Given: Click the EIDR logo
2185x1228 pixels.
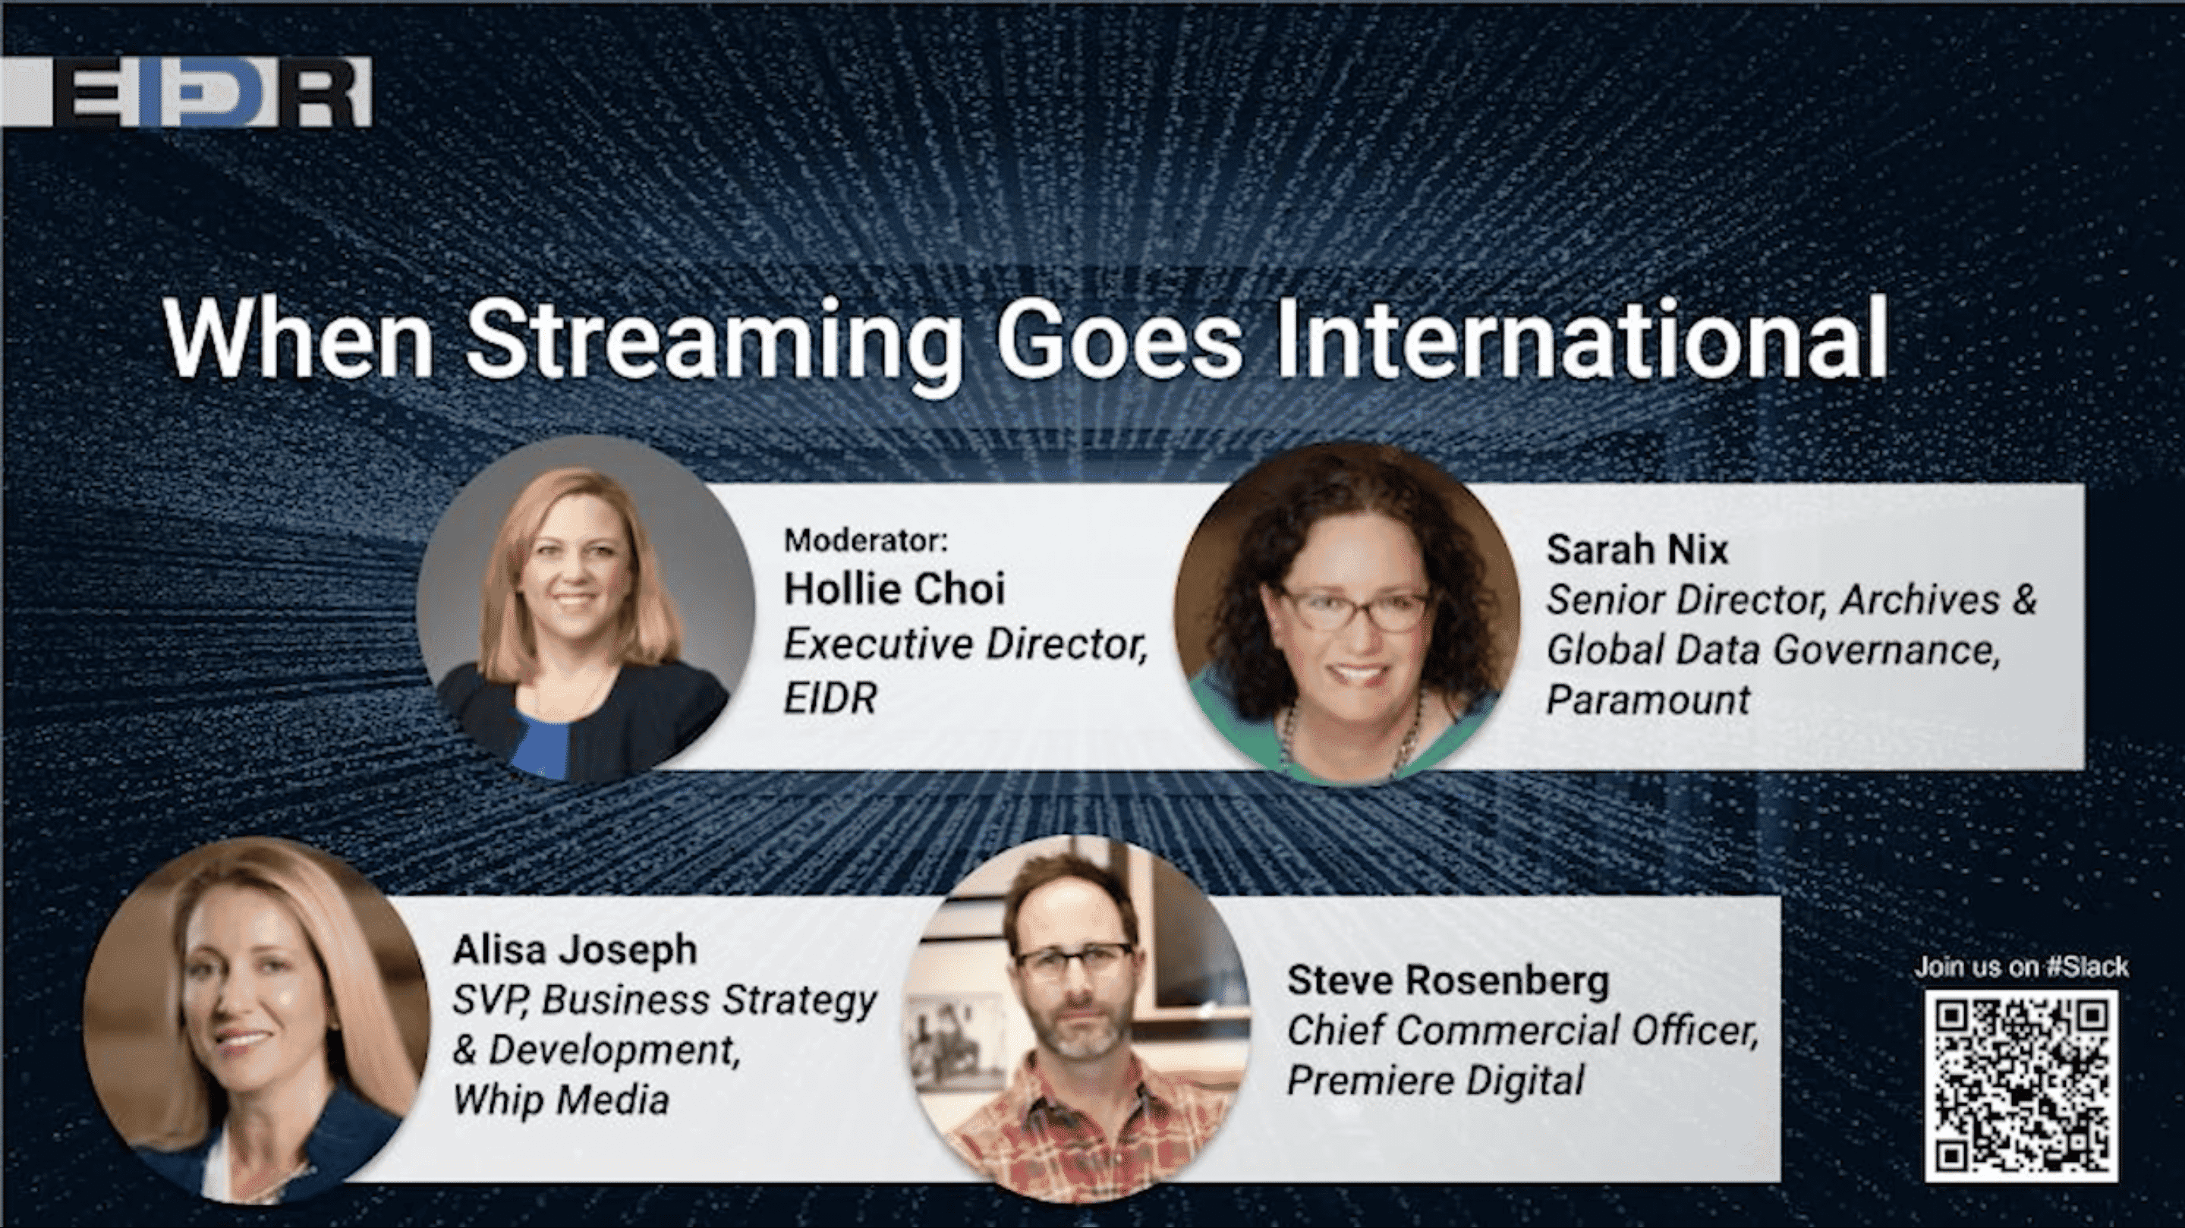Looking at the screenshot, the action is coord(187,92).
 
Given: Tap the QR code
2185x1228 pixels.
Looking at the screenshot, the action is coord(2021,1086).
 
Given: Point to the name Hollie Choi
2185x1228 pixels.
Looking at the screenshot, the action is coord(894,588).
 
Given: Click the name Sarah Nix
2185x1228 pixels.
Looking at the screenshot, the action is coord(1637,549).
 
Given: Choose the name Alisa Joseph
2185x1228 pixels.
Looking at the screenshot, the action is coord(575,949).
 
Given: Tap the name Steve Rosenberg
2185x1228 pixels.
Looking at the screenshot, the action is coord(1448,981).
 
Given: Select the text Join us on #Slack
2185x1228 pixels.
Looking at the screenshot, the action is coord(2021,966).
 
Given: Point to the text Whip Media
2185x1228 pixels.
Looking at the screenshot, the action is coord(561,1099).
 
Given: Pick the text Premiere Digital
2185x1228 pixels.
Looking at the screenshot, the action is coord(1435,1079).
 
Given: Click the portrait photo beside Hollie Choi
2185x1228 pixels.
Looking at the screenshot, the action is coord(585,607).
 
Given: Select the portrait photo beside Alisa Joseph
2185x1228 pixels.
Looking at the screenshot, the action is coord(257,1019).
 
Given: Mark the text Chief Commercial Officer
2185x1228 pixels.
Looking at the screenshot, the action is coord(1523,1031).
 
